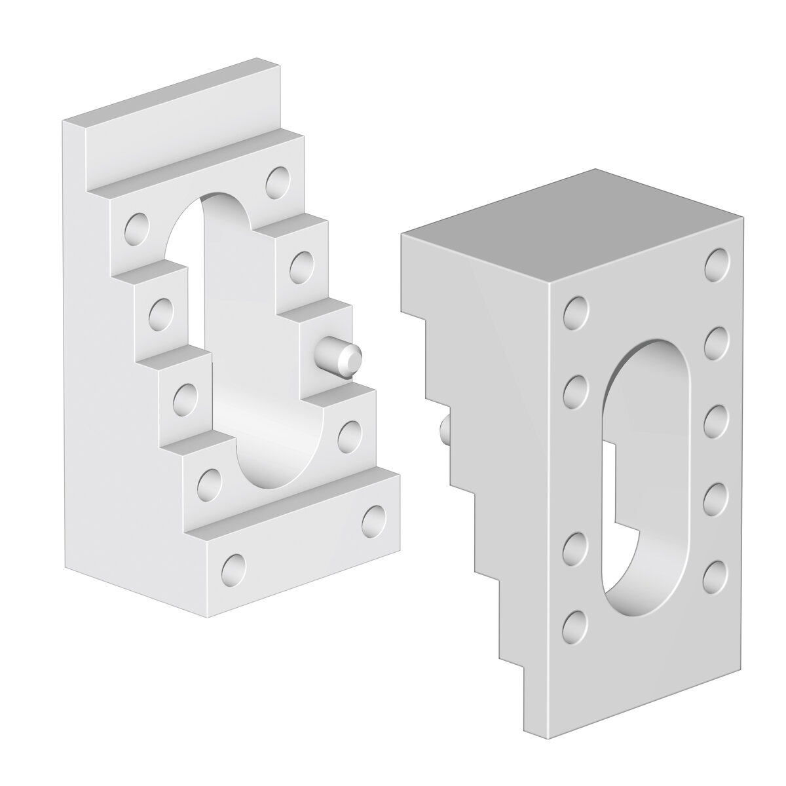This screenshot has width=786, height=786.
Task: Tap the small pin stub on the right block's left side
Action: pyautogui.click(x=445, y=430)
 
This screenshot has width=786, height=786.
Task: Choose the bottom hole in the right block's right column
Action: pyautogui.click(x=716, y=574)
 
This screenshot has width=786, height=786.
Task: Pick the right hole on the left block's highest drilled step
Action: pyautogui.click(x=278, y=181)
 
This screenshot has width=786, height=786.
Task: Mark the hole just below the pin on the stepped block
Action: pyautogui.click(x=350, y=433)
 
